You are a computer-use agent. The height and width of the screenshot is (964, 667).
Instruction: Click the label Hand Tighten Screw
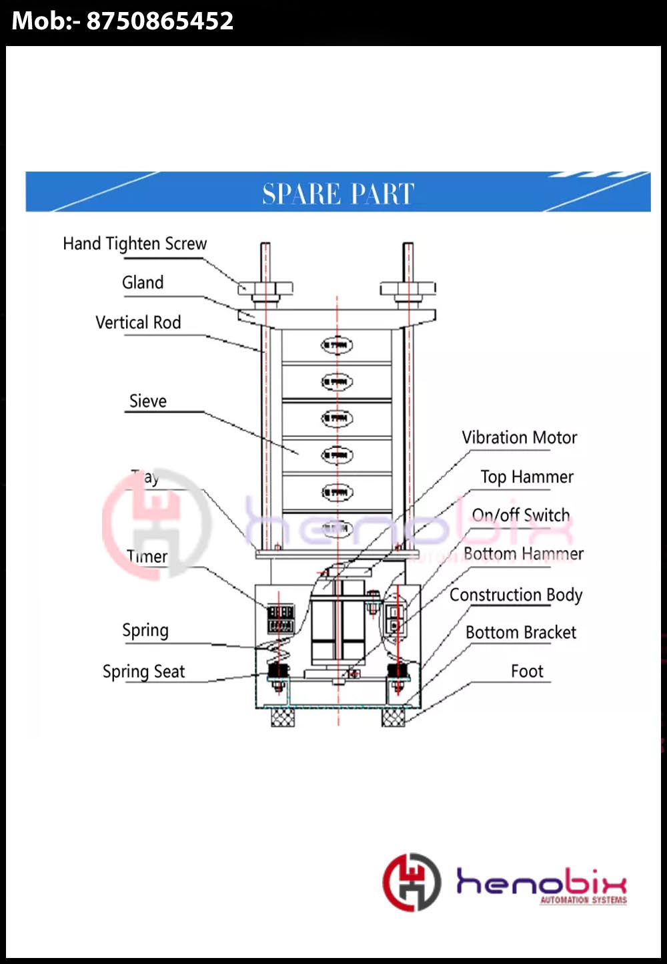pyautogui.click(x=135, y=244)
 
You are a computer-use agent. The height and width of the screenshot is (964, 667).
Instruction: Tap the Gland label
pyautogui.click(x=143, y=283)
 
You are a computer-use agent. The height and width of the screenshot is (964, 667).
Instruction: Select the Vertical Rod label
pyautogui.click(x=138, y=323)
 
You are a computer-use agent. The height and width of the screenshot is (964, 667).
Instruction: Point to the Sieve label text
pyautogui.click(x=148, y=401)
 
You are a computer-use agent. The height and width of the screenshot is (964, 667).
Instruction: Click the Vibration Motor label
pyautogui.click(x=519, y=438)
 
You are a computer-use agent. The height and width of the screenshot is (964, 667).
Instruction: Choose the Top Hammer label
pyautogui.click(x=527, y=477)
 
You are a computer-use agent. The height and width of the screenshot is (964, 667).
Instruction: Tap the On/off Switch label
pyautogui.click(x=521, y=515)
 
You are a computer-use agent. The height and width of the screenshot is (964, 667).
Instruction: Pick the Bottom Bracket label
pyautogui.click(x=521, y=633)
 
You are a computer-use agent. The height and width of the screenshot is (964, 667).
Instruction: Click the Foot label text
pyautogui.click(x=527, y=672)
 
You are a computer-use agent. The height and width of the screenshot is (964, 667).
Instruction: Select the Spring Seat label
pyautogui.click(x=143, y=672)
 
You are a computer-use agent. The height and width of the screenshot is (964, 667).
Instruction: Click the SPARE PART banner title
pyautogui.click(x=338, y=194)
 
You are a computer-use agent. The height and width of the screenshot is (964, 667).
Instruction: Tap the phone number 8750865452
pyautogui.click(x=160, y=21)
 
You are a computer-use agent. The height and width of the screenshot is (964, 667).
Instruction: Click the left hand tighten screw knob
pyautogui.click(x=265, y=288)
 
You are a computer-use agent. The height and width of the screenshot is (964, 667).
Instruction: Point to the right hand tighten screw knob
pyautogui.click(x=408, y=288)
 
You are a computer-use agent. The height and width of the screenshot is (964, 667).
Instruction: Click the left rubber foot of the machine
pyautogui.click(x=282, y=717)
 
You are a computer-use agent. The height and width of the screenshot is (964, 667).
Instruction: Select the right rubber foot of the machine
pyautogui.click(x=394, y=717)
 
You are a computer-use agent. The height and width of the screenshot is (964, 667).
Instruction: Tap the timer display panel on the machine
pyautogui.click(x=280, y=618)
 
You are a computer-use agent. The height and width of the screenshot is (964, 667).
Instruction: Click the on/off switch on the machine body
pyautogui.click(x=394, y=619)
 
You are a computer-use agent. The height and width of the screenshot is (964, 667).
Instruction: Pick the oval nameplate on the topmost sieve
pyautogui.click(x=337, y=345)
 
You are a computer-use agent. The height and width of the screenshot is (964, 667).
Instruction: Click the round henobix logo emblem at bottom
pyautogui.click(x=412, y=882)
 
